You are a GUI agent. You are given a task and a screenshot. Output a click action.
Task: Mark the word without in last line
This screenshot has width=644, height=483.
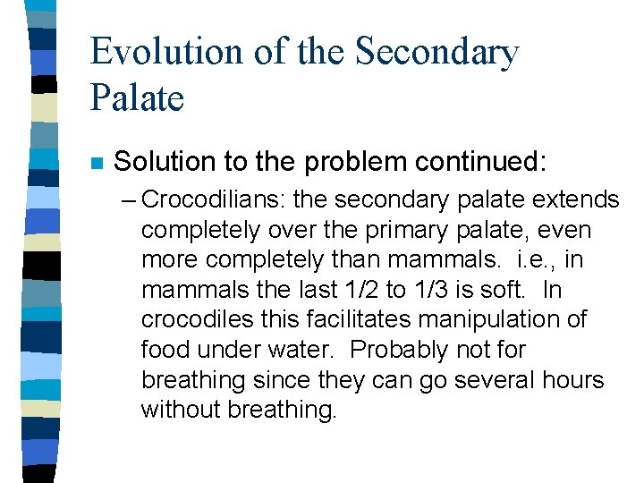point(181,411)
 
